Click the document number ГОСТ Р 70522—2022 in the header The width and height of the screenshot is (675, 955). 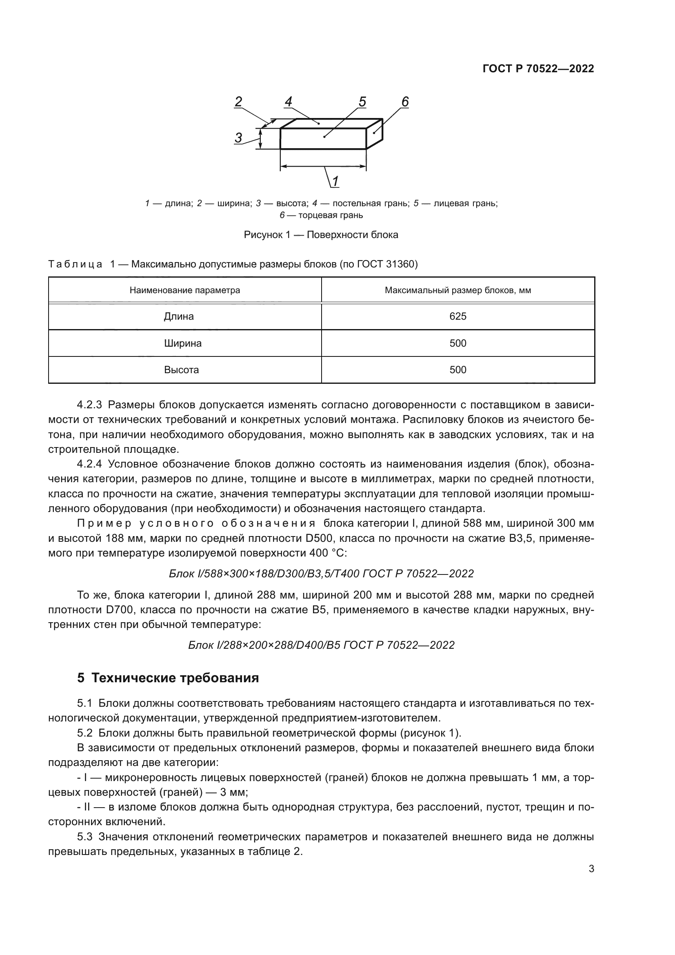[x=538, y=69]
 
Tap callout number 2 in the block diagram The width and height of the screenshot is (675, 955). [x=238, y=102]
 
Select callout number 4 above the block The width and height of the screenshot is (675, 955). [x=289, y=102]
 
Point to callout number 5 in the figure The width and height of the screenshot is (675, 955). [x=362, y=102]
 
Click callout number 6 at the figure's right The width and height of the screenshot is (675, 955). [x=405, y=102]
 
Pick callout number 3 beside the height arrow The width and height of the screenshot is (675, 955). [x=238, y=138]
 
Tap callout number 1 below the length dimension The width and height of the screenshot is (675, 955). [x=335, y=181]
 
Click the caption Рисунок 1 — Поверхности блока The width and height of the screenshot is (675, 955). [x=321, y=235]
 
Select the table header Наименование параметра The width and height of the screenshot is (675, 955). [x=184, y=290]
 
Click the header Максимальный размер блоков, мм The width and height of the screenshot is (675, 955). [x=457, y=290]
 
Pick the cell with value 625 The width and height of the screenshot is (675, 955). [x=457, y=316]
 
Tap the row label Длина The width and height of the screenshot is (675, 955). [x=179, y=316]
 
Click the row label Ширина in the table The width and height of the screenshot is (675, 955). [x=182, y=343]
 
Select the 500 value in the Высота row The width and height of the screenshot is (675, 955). [x=457, y=370]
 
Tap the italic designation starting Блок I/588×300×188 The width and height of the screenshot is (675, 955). [x=321, y=574]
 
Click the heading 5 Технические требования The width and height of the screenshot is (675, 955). [x=168, y=678]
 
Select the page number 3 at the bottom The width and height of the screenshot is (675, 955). [x=591, y=869]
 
